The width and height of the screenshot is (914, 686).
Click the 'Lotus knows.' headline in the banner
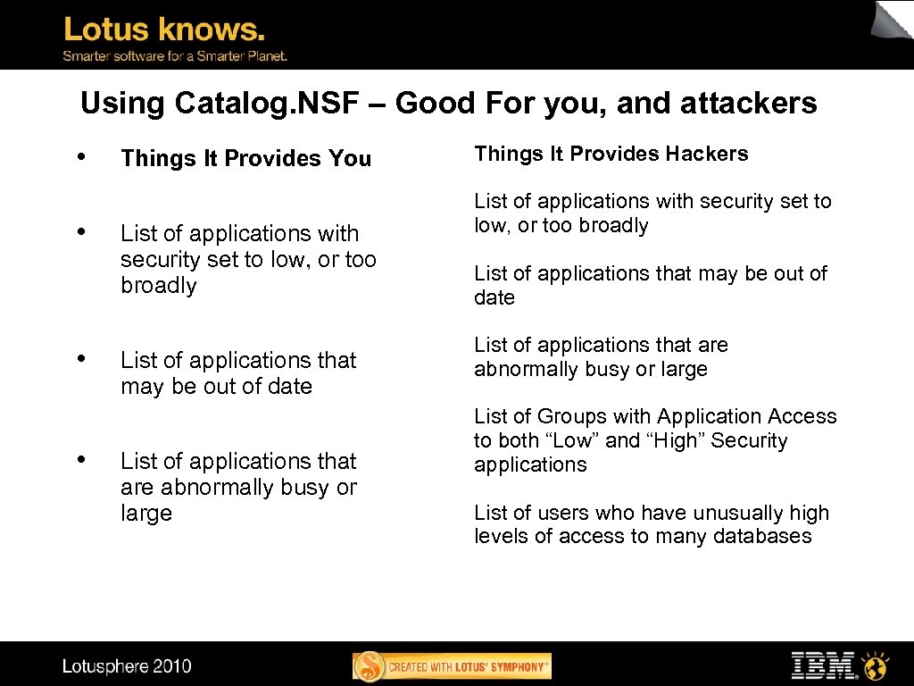point(164,30)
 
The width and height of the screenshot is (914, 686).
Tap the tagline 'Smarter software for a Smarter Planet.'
point(175,56)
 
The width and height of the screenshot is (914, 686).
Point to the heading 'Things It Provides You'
point(245,159)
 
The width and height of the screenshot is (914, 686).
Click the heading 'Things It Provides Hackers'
point(611,154)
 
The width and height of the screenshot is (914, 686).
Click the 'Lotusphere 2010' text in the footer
point(127,665)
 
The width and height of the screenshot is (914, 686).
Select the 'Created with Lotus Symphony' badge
point(453,666)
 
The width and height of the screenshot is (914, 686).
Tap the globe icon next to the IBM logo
point(877,665)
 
